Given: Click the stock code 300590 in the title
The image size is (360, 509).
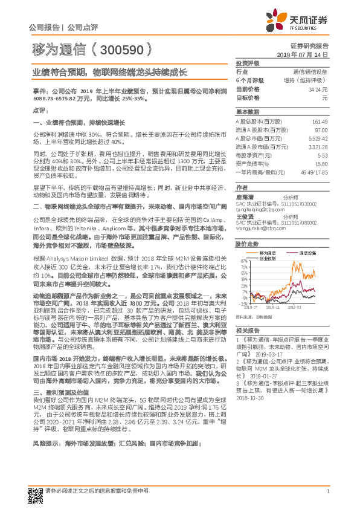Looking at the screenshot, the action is [125, 50].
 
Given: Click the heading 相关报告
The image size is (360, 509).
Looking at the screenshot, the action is [247, 330].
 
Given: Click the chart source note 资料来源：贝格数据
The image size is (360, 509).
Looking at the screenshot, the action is [254, 316].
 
